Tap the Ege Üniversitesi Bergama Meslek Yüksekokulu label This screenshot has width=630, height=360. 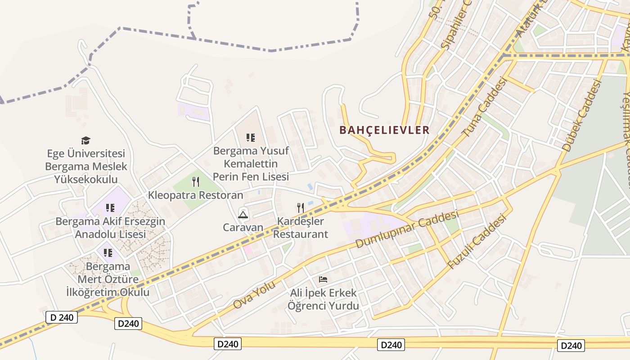pos(86,166)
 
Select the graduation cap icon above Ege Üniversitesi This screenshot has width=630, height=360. pos(86,141)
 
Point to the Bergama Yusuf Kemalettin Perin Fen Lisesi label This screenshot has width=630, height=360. pos(251,163)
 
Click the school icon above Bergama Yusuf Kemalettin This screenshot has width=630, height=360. pos(251,137)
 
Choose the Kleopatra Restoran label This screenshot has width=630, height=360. pos(196,195)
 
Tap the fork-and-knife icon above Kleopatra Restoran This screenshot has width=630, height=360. pos(196,182)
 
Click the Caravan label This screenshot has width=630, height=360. pos(243,227)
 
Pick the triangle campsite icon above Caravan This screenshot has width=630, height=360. pos(243,214)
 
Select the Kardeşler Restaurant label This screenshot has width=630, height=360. pos(301,228)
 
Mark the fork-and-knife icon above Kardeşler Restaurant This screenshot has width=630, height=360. pos(301,207)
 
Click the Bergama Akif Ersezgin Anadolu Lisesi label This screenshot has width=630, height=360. pos(110,228)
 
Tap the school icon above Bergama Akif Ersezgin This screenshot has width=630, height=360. pos(110,208)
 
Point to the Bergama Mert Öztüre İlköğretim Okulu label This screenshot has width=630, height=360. pos(108,279)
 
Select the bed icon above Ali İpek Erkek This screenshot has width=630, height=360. pos(323,279)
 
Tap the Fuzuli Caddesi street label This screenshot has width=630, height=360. pos(478,241)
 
